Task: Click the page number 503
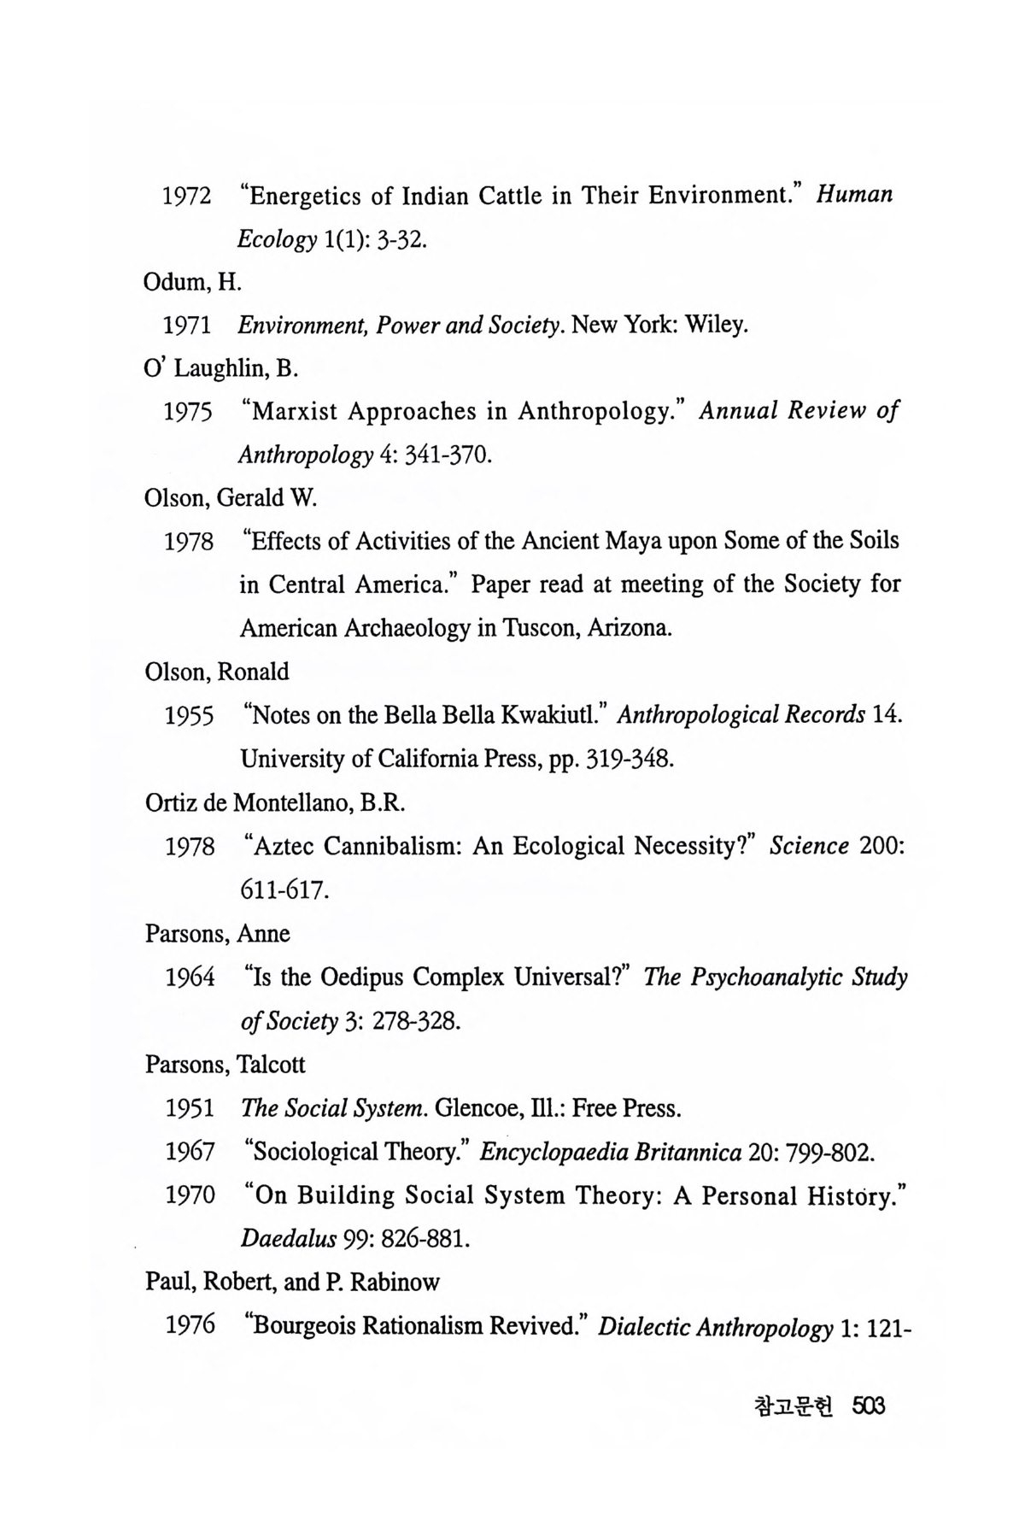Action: [x=867, y=1406]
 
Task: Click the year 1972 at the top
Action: [x=187, y=197]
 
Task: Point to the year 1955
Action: [x=190, y=716]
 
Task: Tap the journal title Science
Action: [x=809, y=846]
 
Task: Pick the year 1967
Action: [x=190, y=1152]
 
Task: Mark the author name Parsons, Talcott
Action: [x=225, y=1065]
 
